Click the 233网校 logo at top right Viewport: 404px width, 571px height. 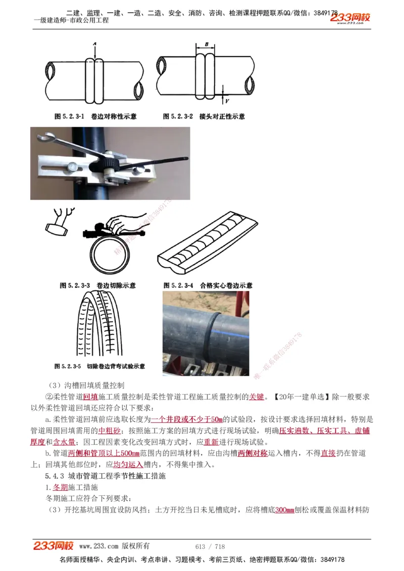(x=350, y=18)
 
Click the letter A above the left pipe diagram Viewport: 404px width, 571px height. (x=94, y=45)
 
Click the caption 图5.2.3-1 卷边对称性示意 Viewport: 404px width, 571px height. (x=95, y=117)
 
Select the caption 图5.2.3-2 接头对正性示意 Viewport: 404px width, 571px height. (x=204, y=117)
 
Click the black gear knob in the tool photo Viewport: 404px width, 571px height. (x=104, y=163)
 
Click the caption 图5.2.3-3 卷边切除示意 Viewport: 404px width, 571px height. (x=97, y=285)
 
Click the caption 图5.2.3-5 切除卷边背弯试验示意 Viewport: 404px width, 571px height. (x=99, y=366)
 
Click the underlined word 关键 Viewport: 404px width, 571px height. (x=257, y=397)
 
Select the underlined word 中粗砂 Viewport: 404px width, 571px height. (x=110, y=431)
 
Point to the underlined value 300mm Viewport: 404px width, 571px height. (x=285, y=510)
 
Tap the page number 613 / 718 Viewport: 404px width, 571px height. (x=210, y=547)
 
